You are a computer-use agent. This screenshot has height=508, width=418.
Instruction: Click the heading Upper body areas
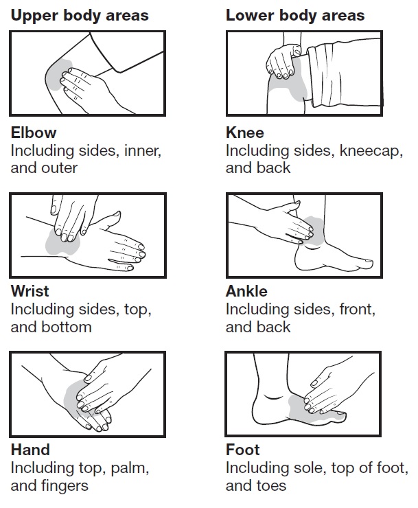[80, 16]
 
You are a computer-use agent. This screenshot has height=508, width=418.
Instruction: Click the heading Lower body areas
[295, 16]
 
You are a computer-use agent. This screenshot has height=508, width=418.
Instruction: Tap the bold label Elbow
[34, 132]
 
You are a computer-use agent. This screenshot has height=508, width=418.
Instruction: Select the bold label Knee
[245, 132]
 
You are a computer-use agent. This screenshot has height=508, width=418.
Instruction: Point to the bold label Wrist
[30, 291]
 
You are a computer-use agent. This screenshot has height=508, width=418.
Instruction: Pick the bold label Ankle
[246, 291]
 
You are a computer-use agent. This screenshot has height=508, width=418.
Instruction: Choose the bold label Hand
[30, 450]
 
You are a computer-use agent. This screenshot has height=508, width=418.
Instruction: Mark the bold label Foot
[243, 450]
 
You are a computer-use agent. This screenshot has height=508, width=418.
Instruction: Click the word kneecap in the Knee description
[371, 151]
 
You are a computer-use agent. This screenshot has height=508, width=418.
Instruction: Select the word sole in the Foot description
[308, 468]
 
